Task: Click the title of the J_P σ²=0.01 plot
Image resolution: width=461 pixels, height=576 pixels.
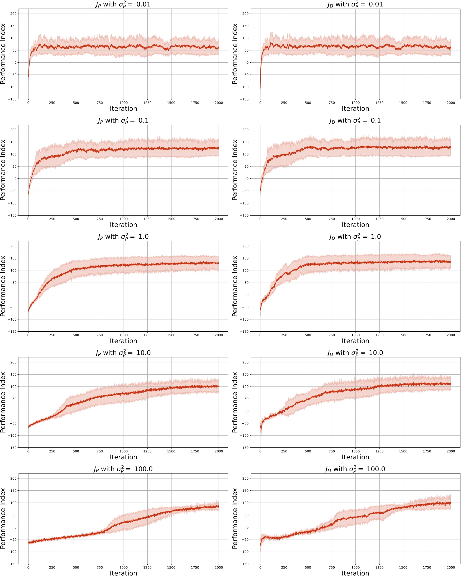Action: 123,4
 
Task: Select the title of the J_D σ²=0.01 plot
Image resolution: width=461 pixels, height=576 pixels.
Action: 355,4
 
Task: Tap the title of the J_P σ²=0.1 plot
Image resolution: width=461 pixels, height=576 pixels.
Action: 123,121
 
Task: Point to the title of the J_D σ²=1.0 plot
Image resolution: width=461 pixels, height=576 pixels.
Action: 355,237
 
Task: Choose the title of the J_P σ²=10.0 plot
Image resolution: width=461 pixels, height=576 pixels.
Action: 123,353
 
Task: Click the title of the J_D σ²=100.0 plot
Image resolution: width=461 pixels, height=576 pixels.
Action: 355,469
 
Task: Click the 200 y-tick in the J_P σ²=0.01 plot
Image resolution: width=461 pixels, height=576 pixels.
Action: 14,14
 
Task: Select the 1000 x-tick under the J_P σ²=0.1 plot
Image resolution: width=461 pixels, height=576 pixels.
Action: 124,219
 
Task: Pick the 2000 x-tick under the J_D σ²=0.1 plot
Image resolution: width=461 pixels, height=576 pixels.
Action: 451,219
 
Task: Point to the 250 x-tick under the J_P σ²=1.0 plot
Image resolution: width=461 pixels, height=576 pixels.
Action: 52,335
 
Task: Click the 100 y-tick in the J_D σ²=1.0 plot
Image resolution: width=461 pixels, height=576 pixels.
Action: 245,270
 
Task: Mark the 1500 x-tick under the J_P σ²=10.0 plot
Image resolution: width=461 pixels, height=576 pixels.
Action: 171,451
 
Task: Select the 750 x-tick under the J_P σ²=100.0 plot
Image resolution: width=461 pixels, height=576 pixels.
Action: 100,567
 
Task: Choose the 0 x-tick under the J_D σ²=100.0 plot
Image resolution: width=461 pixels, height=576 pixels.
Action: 260,567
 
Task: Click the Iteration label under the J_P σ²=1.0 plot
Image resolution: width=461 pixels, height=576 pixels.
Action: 123,341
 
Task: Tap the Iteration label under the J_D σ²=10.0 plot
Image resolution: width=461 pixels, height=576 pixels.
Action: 355,457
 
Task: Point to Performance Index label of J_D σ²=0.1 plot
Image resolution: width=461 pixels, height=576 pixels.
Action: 235,170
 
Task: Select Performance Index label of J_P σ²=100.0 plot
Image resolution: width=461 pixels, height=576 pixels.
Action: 3,518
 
